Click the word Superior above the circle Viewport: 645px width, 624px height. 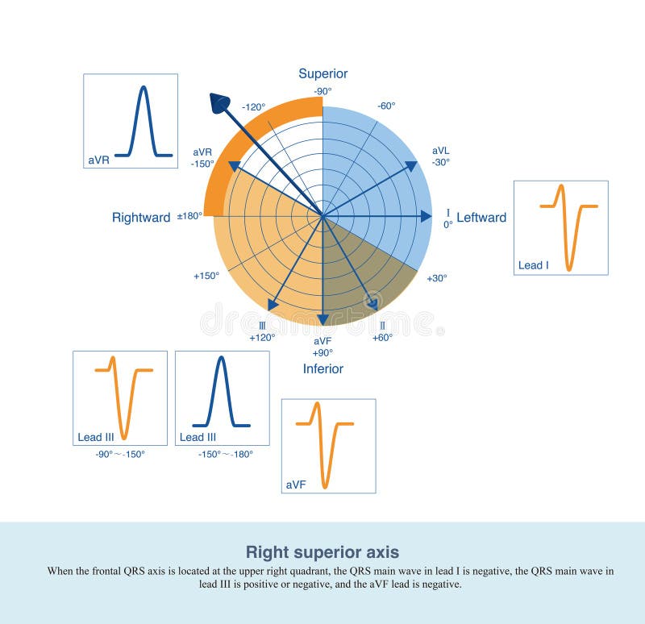[322, 74]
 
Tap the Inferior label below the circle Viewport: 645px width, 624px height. [322, 368]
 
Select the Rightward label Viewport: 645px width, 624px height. [141, 218]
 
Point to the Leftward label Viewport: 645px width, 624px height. [481, 218]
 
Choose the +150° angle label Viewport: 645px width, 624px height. [206, 276]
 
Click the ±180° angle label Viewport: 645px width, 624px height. [189, 217]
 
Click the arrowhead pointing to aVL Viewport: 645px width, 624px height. [410, 166]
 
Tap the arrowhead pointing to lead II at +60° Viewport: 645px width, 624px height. [372, 303]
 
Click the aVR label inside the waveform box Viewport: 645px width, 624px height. [98, 160]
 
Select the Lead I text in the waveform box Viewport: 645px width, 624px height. [531, 265]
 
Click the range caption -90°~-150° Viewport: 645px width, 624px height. [120, 454]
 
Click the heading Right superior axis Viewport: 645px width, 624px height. [322, 552]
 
